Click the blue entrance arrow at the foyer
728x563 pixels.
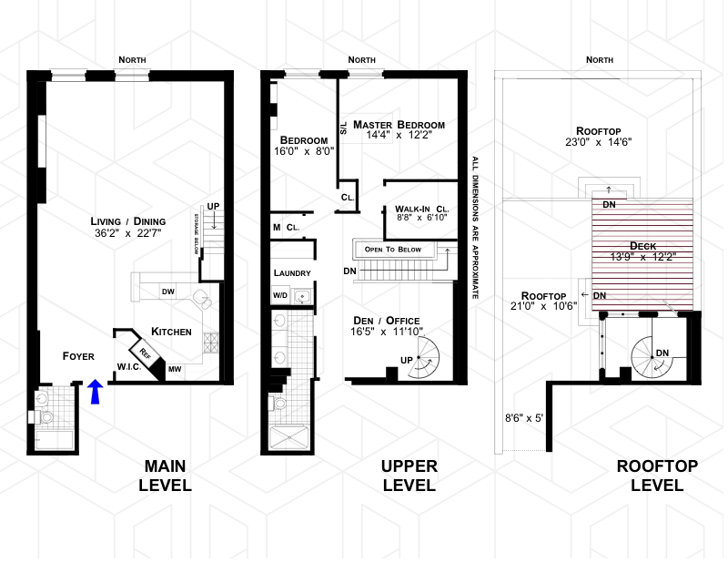pyautogui.click(x=96, y=392)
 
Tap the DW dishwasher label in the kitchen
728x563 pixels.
pyautogui.click(x=168, y=292)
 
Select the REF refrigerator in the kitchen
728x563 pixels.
pyautogui.click(x=145, y=353)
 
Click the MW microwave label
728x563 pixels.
pyautogui.click(x=175, y=369)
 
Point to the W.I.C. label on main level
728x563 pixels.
pyautogui.click(x=129, y=367)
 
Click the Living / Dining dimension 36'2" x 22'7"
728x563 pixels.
pyautogui.click(x=127, y=233)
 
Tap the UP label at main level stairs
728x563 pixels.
pyautogui.click(x=213, y=207)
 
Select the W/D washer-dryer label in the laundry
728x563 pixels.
pyautogui.click(x=280, y=295)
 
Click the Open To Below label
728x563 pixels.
pyautogui.click(x=393, y=250)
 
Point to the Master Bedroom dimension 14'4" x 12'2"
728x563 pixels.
pyautogui.click(x=399, y=136)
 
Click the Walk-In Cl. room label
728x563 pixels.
pyautogui.click(x=422, y=210)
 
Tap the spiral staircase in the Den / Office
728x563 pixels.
pyautogui.click(x=423, y=357)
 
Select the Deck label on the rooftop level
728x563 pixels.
pyautogui.click(x=643, y=246)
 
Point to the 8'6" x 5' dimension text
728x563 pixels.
pyautogui.click(x=524, y=418)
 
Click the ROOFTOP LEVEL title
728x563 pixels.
pyautogui.click(x=657, y=476)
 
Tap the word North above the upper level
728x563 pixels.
pyautogui.click(x=361, y=60)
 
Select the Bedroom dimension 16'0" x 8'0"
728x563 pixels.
pyautogui.click(x=304, y=151)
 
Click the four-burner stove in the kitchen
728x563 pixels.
pyautogui.click(x=211, y=343)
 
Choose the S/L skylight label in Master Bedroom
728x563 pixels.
pyautogui.click(x=344, y=128)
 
